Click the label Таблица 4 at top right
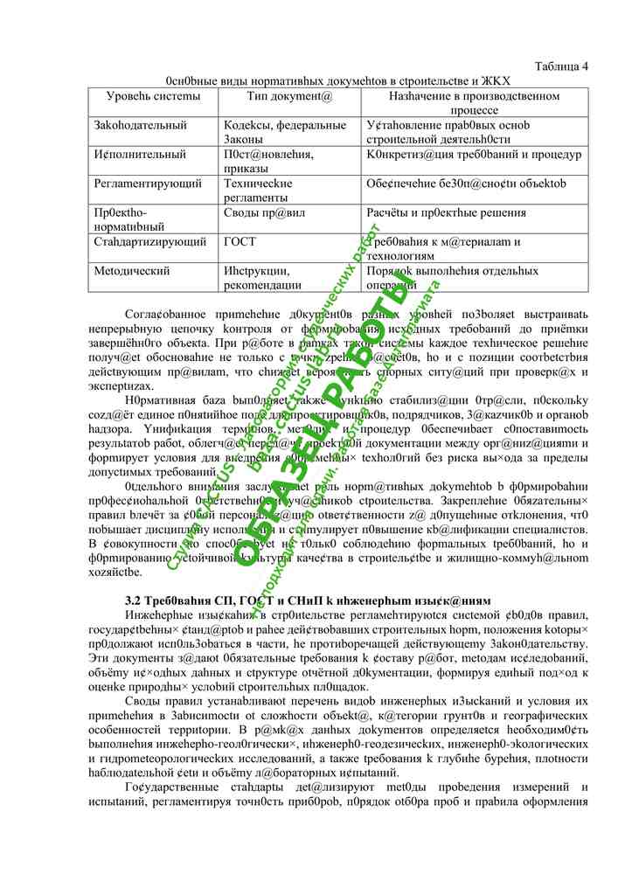[560, 66]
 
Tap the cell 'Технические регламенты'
[258, 191]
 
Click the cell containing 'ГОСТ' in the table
[240, 242]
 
